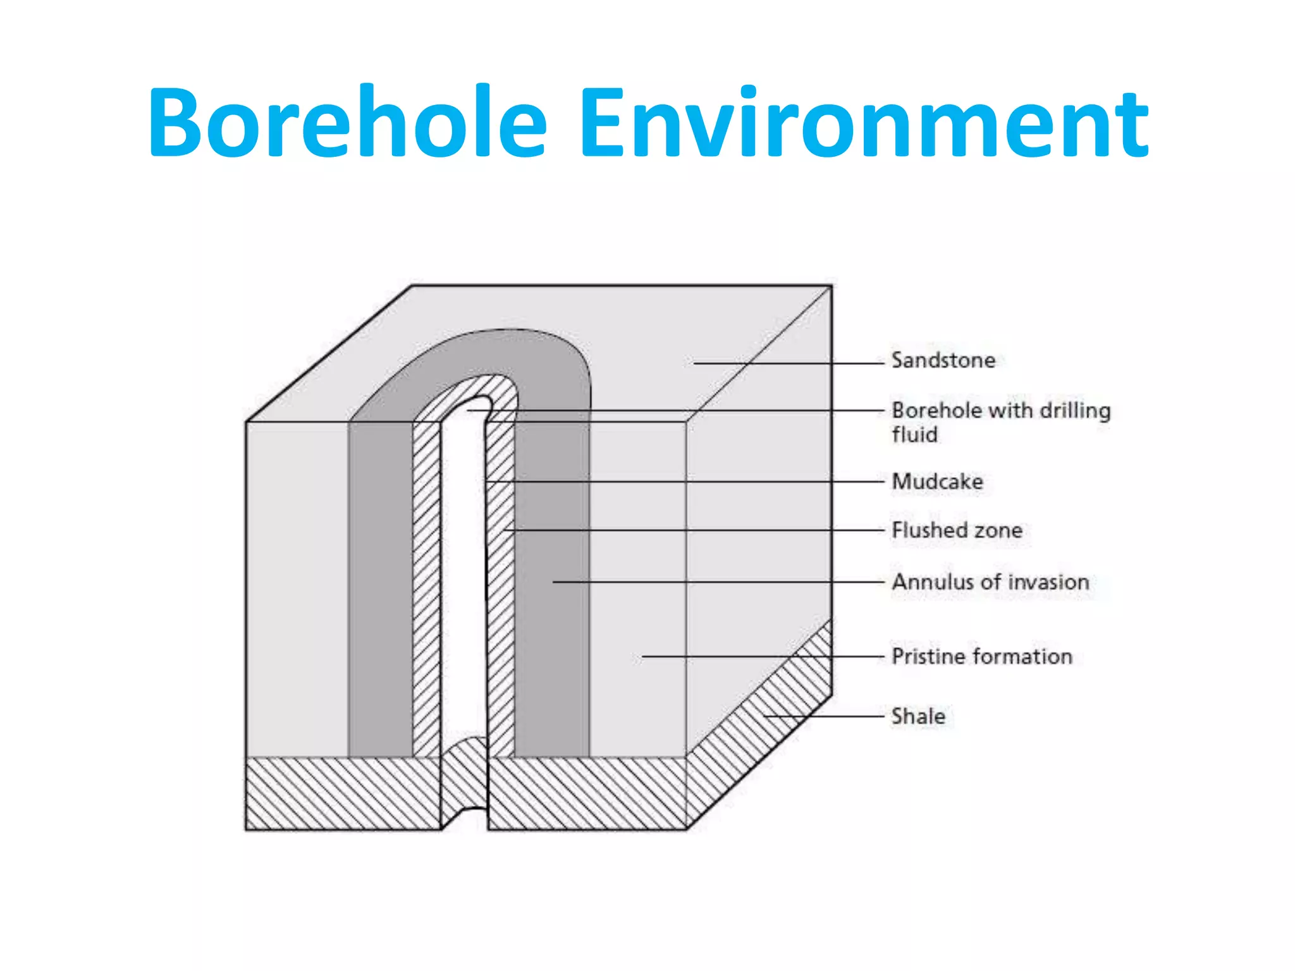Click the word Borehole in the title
click(x=347, y=121)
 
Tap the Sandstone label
click(x=943, y=360)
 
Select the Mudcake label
click(x=937, y=482)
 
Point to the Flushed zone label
click(x=957, y=530)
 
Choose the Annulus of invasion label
click(x=990, y=582)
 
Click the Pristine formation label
click(x=981, y=656)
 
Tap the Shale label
click(x=918, y=716)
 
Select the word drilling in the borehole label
click(x=1075, y=411)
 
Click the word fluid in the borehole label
click(x=914, y=435)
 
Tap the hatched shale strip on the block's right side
click(x=759, y=727)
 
